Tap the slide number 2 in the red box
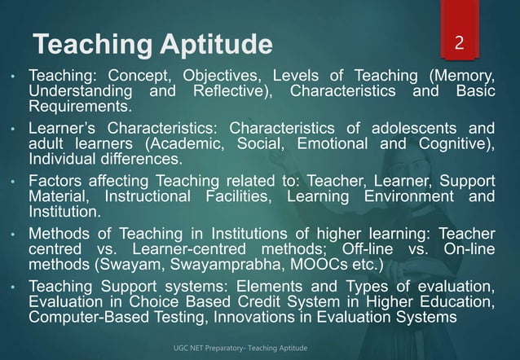pyautogui.click(x=460, y=42)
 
